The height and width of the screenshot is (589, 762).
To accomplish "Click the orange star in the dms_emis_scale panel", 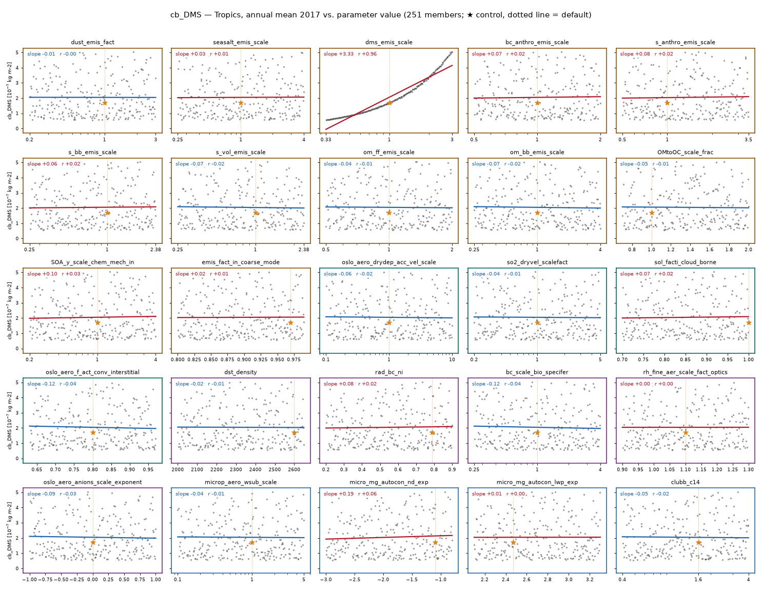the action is [389, 103].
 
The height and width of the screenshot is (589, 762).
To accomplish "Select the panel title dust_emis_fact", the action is [92, 42].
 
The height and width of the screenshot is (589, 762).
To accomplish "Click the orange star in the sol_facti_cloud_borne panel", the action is [748, 322].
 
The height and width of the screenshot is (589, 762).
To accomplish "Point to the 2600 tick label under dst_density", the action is [294, 469].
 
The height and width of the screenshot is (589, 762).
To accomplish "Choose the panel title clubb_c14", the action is [685, 482].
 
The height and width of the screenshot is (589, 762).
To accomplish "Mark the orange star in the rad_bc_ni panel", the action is [432, 432].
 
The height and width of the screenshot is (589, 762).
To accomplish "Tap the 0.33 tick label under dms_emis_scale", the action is [326, 140].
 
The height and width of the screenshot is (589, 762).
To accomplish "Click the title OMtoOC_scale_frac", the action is [685, 152].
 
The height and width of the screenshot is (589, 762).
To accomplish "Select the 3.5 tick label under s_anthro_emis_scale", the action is [748, 140].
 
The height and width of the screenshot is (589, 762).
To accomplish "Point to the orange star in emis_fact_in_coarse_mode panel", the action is [291, 322].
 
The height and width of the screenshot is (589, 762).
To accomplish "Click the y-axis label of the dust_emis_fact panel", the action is [9, 91].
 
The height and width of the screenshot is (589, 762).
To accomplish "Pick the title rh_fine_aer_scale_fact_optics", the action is [685, 372].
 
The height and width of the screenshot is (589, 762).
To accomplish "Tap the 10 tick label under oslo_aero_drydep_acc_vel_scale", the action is [452, 359].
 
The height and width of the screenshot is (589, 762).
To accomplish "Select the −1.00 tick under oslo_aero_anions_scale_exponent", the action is [29, 580].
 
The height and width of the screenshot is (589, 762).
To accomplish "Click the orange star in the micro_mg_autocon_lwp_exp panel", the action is [513, 543].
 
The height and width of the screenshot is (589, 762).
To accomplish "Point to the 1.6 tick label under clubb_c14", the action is [698, 580].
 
